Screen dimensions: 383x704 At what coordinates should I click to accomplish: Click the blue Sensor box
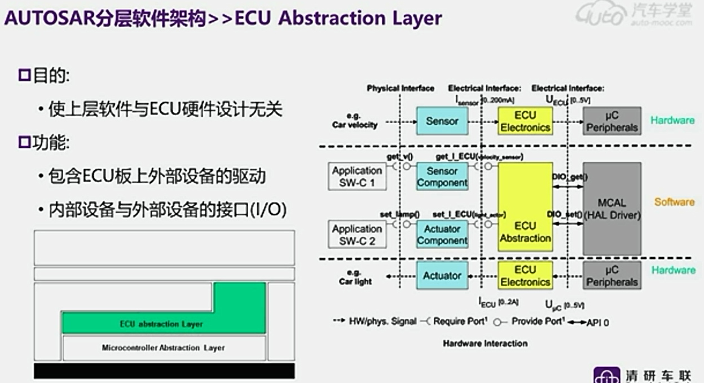tap(442, 121)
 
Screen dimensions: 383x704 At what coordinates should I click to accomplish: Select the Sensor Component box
tap(442, 177)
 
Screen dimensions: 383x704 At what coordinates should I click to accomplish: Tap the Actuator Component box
tap(442, 235)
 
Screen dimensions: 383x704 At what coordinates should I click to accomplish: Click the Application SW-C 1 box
tap(357, 177)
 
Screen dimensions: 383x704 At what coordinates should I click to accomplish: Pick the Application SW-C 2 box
tap(357, 235)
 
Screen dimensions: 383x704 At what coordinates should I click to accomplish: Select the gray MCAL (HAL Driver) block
tap(612, 208)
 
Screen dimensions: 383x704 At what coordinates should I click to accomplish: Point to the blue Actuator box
tap(442, 276)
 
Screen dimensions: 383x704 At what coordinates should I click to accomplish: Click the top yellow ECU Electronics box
tap(525, 121)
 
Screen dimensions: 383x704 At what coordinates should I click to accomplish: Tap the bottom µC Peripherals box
tap(612, 276)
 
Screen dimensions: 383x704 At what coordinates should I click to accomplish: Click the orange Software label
tap(674, 202)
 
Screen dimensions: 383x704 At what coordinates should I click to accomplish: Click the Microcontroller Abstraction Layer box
tap(164, 347)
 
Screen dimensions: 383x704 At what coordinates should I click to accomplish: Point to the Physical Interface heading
tap(401, 89)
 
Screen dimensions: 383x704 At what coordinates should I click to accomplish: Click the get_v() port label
tap(399, 156)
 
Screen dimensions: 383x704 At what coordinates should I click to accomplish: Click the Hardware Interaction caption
tap(485, 343)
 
